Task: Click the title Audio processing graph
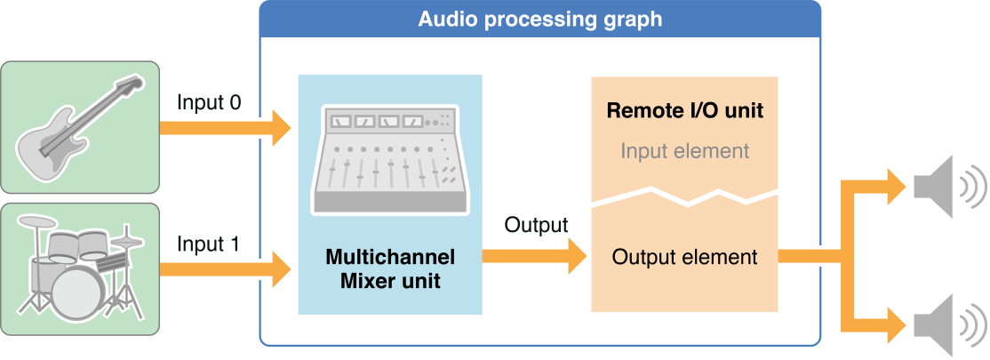pyautogui.click(x=539, y=19)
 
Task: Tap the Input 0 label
pyautogui.click(x=208, y=102)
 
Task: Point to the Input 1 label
pyautogui.click(x=208, y=244)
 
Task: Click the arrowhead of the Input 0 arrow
pyautogui.click(x=280, y=128)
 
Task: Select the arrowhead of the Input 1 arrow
pyautogui.click(x=280, y=266)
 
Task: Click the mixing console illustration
pyautogui.click(x=390, y=161)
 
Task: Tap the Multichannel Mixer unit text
pyautogui.click(x=390, y=269)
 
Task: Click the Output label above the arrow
pyautogui.click(x=535, y=226)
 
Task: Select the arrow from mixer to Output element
pyautogui.click(x=534, y=257)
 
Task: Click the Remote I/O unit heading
pyautogui.click(x=684, y=112)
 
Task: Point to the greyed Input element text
pyautogui.click(x=684, y=151)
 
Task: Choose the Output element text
pyautogui.click(x=684, y=258)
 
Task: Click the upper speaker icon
pyautogui.click(x=947, y=187)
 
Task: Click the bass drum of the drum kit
pyautogui.click(x=80, y=290)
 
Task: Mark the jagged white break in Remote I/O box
pyautogui.click(x=684, y=196)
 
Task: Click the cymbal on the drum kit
pyautogui.click(x=130, y=241)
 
